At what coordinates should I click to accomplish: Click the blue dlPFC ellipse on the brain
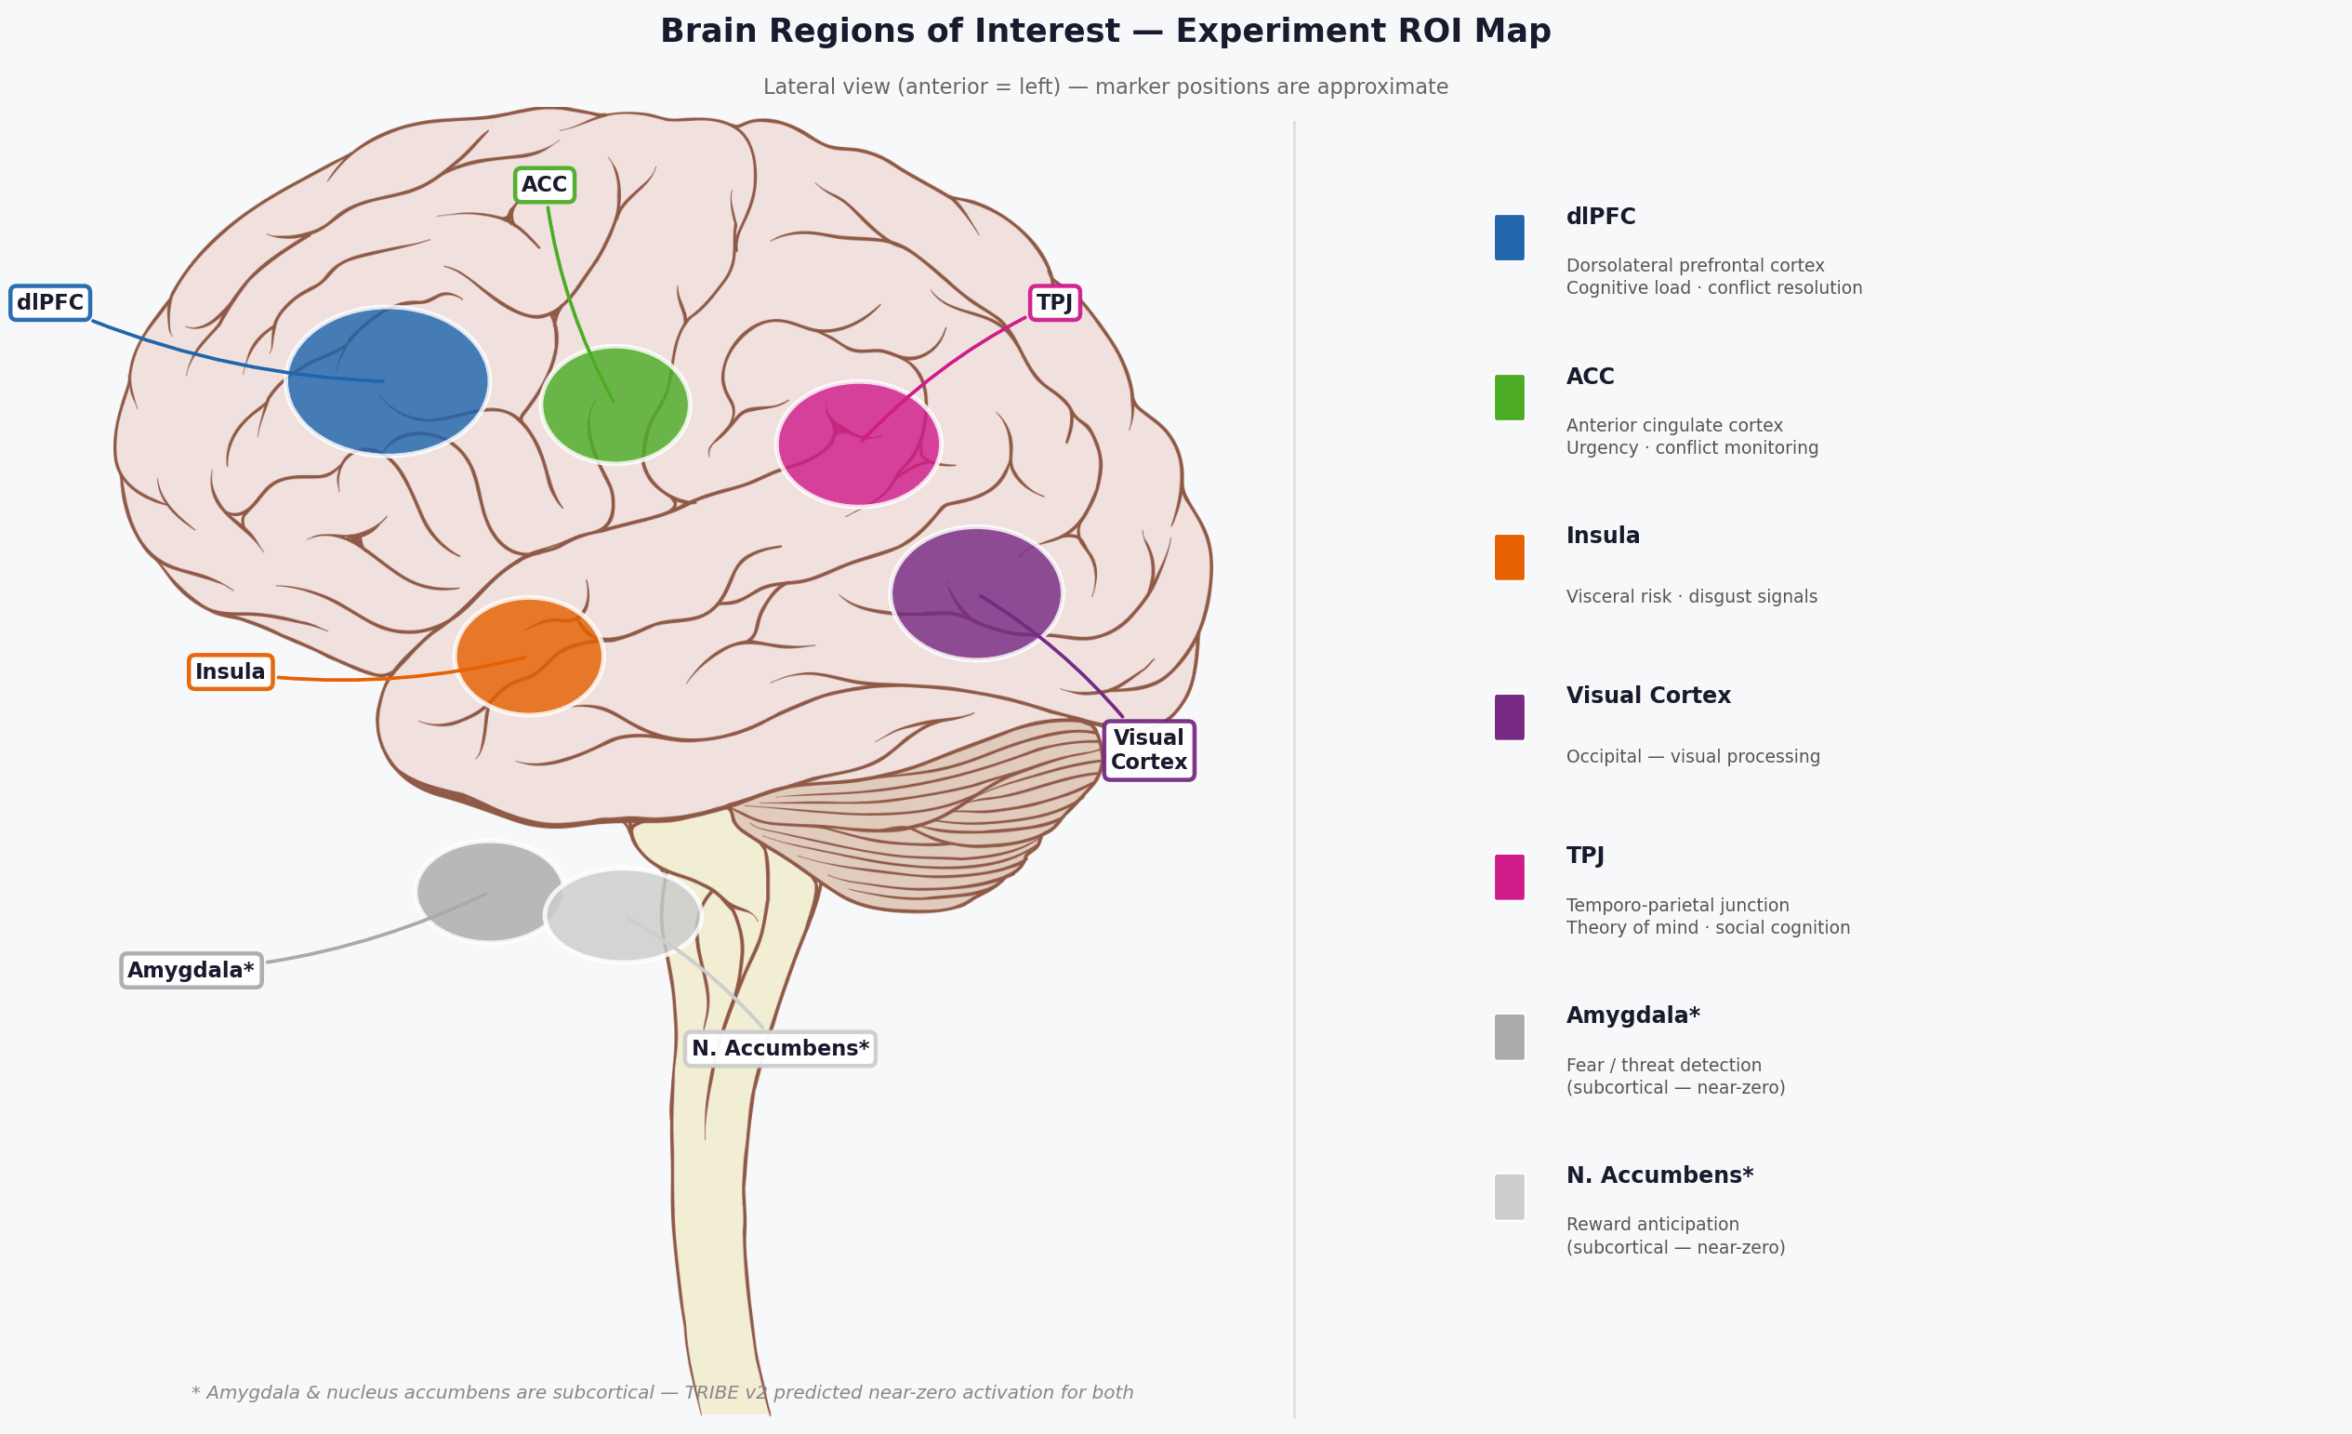[x=388, y=381]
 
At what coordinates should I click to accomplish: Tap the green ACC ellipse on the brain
[x=615, y=405]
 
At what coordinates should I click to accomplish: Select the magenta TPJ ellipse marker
[x=859, y=444]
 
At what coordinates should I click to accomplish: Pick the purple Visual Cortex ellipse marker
[x=976, y=594]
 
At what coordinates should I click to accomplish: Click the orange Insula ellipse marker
[x=529, y=656]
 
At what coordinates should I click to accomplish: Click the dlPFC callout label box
[x=50, y=302]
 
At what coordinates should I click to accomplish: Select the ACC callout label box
[x=544, y=185]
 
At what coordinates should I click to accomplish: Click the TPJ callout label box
[x=1055, y=302]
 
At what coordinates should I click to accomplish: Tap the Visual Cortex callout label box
[x=1148, y=750]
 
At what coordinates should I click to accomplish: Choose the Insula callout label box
[x=230, y=672]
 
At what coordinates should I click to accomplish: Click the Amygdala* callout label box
[x=191, y=970]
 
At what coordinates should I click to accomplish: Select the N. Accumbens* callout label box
[x=780, y=1048]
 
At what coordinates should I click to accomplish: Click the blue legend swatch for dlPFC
[x=1509, y=238]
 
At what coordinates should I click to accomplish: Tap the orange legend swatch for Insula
[x=1509, y=558]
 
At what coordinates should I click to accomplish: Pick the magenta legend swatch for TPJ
[x=1509, y=877]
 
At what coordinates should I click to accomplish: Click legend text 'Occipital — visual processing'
[x=1692, y=757]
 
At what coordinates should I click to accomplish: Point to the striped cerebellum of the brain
[x=917, y=821]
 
